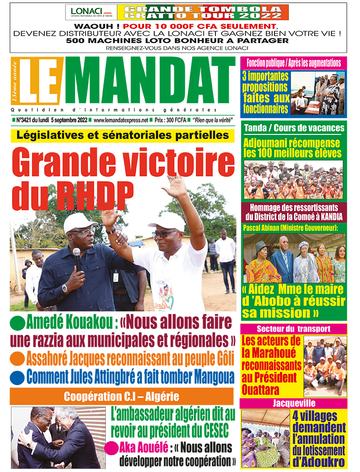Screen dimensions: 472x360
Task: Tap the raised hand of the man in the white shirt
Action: [176, 185]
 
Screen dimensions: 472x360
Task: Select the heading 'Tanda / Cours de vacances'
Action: [294, 128]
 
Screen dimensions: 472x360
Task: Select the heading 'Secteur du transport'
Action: [293, 328]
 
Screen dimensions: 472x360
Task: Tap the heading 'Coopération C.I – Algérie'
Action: [122, 396]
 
